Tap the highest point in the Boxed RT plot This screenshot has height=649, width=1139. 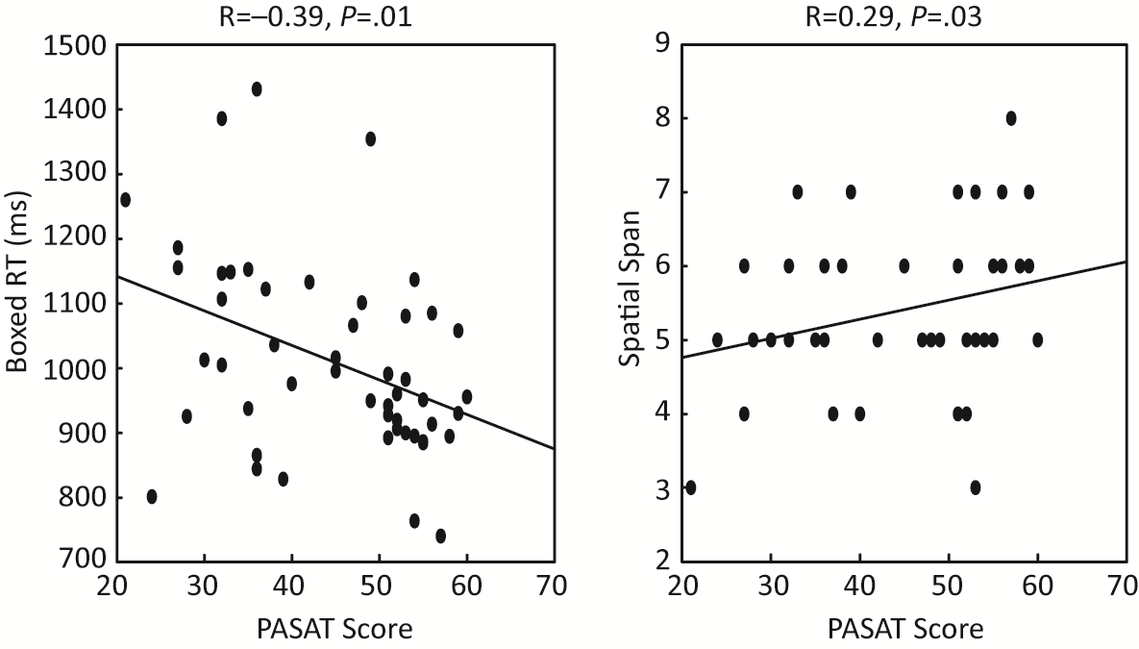pos(257,88)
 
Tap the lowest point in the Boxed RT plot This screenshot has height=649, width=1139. pos(440,536)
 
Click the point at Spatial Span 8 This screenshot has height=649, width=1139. pos(1011,118)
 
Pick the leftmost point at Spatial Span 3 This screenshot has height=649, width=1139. pos(690,487)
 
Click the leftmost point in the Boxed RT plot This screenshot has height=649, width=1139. pos(125,199)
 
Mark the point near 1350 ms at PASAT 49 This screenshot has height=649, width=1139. pos(370,138)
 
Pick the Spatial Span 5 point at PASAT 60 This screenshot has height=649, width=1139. pos(1037,339)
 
